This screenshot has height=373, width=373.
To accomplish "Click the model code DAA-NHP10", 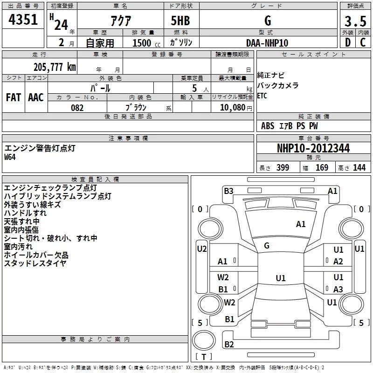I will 267,42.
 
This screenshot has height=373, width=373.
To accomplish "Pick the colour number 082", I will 77,108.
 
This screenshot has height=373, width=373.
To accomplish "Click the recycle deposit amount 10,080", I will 232,108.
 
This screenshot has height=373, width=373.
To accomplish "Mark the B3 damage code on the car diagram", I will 228,191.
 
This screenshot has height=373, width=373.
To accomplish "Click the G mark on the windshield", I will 267,246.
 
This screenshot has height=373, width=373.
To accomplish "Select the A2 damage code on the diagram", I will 338,262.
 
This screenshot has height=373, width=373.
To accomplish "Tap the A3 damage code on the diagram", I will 338,290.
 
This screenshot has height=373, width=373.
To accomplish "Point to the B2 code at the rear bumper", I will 229,345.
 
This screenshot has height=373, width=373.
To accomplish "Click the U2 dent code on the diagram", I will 201,249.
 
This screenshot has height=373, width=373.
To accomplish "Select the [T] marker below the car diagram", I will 204,357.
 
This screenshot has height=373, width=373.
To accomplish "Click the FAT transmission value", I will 13,97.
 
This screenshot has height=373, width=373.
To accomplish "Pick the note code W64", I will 10,157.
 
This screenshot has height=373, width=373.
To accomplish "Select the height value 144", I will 359,168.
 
